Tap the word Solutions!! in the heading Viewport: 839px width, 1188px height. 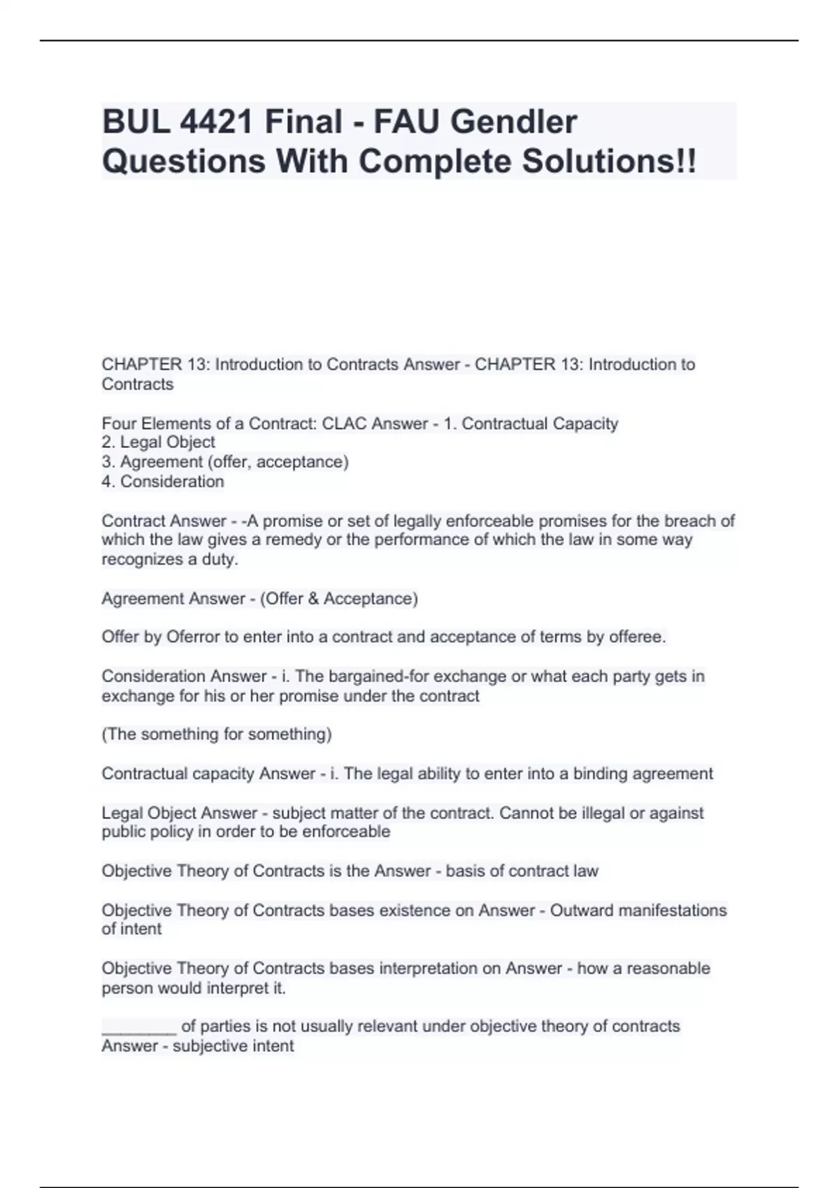pyautogui.click(x=609, y=161)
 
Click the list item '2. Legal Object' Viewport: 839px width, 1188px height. pyautogui.click(x=158, y=442)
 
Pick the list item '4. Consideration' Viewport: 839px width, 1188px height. pyautogui.click(x=163, y=481)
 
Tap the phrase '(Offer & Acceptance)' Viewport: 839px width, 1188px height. pyautogui.click(x=339, y=599)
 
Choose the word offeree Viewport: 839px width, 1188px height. pyautogui.click(x=637, y=637)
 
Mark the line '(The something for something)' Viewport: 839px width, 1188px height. pyautogui.click(x=217, y=734)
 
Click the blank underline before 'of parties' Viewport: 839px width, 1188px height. pyautogui.click(x=138, y=1027)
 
